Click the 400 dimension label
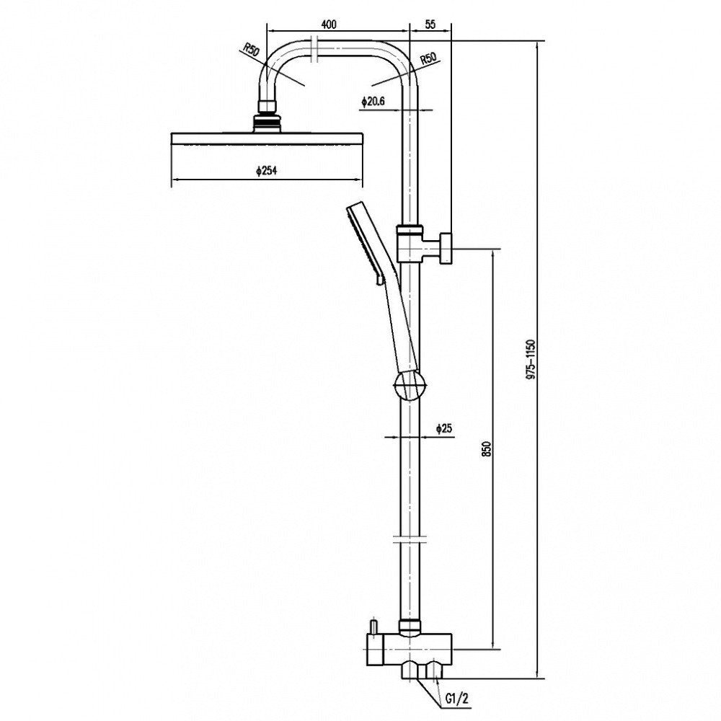(x=329, y=24)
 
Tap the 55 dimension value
(x=430, y=24)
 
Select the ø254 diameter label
(x=267, y=171)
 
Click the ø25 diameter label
(x=443, y=429)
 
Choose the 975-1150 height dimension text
(x=531, y=358)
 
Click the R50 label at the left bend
(x=250, y=50)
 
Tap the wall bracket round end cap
(x=447, y=247)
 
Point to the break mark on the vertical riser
(x=408, y=539)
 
